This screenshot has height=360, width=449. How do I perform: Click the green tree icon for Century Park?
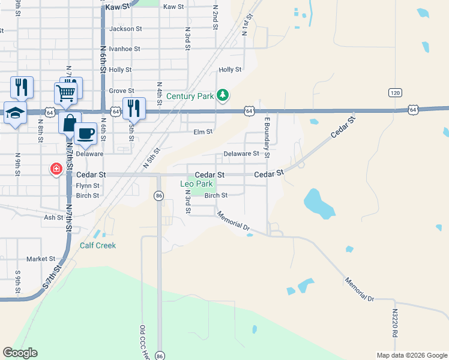tap(223, 95)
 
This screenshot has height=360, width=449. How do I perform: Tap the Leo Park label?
tap(196, 184)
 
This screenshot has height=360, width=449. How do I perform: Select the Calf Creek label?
tap(98, 245)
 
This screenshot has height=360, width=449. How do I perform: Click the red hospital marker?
tap(56, 170)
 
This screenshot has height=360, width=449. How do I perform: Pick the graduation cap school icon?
tap(14, 112)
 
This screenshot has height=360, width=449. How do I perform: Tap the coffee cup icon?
tap(86, 133)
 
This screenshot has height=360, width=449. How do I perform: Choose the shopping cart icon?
tap(65, 92)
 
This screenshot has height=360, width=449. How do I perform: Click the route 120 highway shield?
tap(394, 92)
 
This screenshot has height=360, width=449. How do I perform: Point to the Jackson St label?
tap(125, 28)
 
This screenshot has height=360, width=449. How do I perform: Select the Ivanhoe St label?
tap(124, 49)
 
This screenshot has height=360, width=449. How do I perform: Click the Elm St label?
tap(203, 131)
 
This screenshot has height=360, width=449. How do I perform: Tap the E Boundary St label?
tap(267, 138)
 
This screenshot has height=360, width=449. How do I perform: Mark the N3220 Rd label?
tap(396, 323)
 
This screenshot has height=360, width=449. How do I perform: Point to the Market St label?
tap(41, 259)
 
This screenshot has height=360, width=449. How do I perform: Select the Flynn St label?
tap(88, 186)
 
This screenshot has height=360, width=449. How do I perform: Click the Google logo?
tap(20, 353)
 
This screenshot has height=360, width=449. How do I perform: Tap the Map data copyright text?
tap(411, 355)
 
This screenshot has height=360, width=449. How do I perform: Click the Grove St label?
tap(121, 91)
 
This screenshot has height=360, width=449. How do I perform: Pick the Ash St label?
tap(53, 217)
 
